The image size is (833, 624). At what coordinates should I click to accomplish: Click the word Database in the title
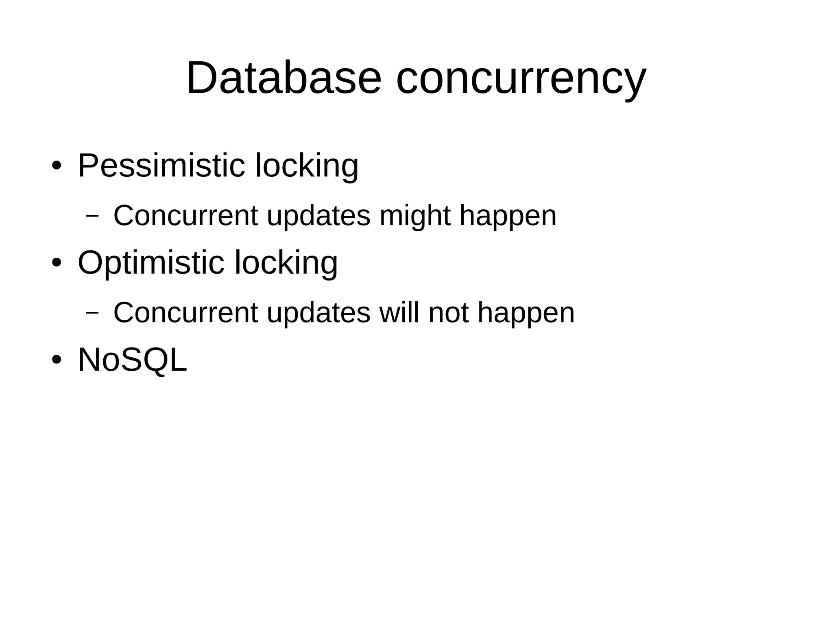point(283,78)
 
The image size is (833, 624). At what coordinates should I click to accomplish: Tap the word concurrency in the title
point(521,79)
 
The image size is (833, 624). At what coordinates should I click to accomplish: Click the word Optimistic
point(151,263)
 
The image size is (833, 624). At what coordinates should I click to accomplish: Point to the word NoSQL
point(132,359)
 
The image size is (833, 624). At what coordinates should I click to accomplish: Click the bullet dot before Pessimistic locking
point(57,166)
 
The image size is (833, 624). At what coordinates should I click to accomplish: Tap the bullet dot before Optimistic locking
point(57,263)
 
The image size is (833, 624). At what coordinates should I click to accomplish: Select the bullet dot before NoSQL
point(57,360)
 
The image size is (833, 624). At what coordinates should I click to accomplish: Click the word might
point(415,216)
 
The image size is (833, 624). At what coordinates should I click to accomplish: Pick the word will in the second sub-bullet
point(399,313)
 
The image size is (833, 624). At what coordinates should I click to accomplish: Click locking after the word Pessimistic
point(307,166)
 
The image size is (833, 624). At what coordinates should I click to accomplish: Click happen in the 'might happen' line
point(508,216)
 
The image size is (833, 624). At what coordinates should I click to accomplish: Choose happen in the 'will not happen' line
point(526,313)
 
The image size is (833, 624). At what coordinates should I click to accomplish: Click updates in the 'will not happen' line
point(318,313)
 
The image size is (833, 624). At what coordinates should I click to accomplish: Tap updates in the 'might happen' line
point(318,216)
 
